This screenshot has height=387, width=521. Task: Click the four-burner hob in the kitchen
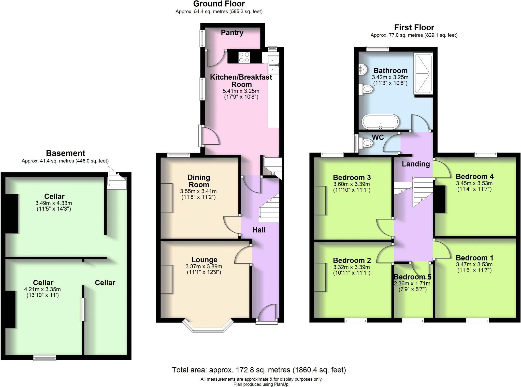point(244,57)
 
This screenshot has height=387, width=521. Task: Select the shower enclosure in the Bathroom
point(423,73)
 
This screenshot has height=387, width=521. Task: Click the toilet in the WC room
point(367,143)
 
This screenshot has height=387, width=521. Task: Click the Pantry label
point(232,33)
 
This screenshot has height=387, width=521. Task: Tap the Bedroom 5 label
point(412,277)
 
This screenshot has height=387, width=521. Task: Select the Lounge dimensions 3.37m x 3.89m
point(204,267)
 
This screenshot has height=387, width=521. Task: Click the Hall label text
point(259,230)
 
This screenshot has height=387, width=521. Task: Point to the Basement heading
point(65,153)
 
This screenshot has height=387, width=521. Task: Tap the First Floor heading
point(414,27)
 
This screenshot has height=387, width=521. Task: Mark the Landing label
point(416,164)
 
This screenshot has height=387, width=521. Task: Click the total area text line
point(259,370)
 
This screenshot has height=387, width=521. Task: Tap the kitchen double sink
point(274,65)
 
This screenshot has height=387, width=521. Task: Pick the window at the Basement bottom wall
point(45,358)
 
